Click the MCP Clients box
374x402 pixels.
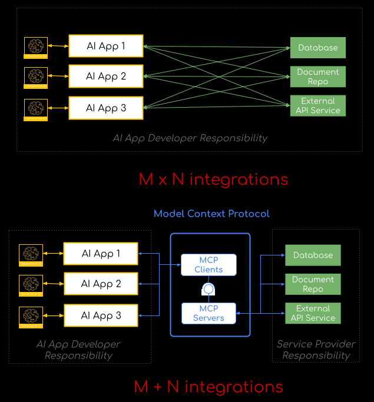pos(208,265)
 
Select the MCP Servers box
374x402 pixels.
pos(208,313)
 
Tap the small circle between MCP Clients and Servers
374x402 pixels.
pos(207,289)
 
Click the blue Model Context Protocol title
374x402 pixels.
pos(211,214)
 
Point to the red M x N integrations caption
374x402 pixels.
pos(213,179)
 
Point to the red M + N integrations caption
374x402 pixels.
pos(208,387)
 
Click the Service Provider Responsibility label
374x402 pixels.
pos(316,350)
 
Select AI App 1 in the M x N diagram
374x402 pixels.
pos(106,46)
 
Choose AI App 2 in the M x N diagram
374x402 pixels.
pos(106,77)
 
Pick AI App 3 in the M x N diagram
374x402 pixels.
pos(106,108)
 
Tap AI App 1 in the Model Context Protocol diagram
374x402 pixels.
pos(101,254)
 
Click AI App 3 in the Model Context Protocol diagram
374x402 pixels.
pos(101,315)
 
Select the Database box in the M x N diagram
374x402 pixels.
pos(317,48)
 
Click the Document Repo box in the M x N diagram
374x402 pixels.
pos(317,77)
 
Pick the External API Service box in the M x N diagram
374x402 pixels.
pos(317,105)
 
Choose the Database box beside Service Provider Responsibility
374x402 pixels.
pos(313,255)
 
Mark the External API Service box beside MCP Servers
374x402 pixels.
pos(313,313)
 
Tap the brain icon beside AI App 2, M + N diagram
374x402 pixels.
pos(30,285)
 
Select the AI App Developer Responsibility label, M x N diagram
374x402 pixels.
pos(190,138)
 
